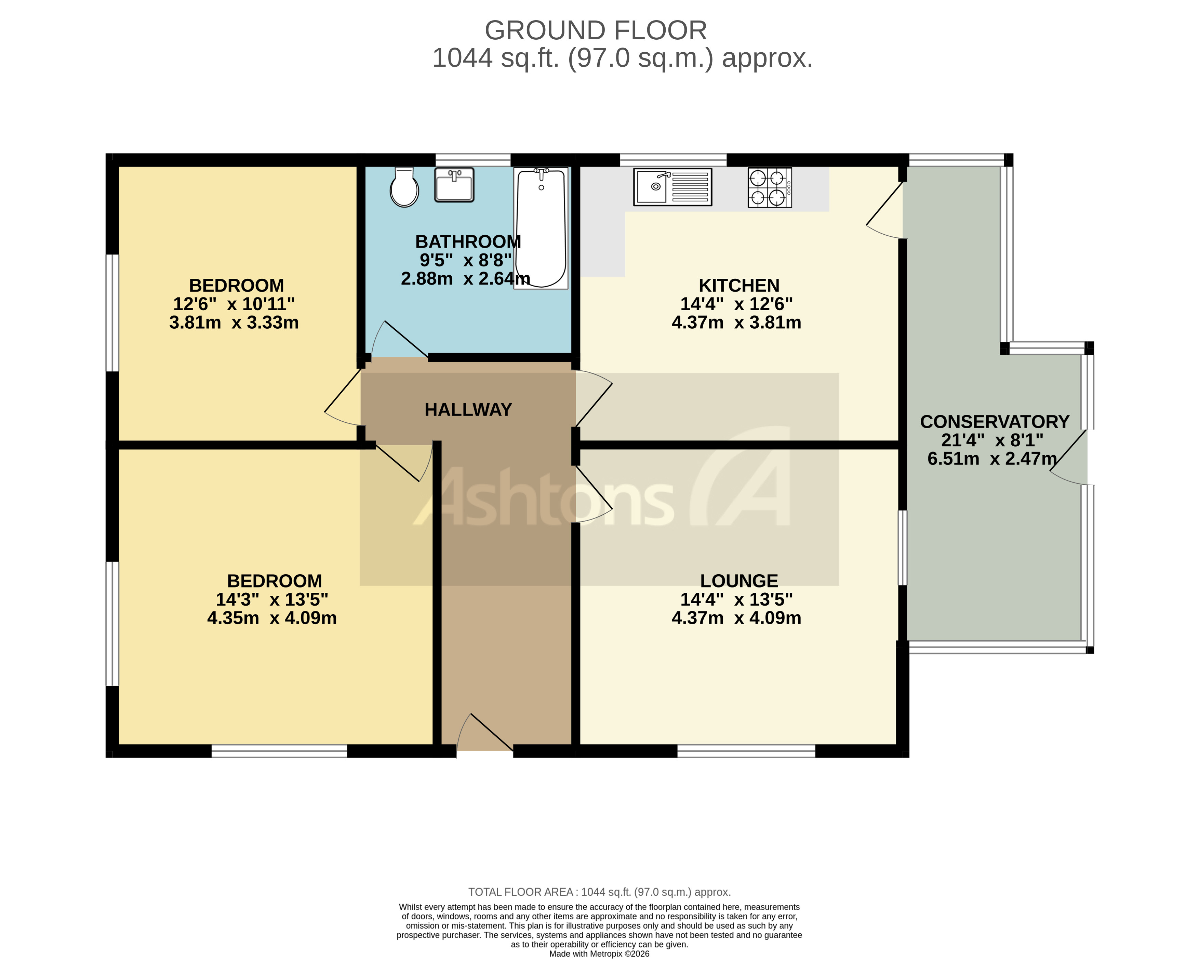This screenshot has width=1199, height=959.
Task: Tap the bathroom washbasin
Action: pos(454,185)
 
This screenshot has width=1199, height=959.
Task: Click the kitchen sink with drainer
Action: pos(672,187)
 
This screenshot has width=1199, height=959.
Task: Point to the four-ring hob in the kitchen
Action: pos(770,187)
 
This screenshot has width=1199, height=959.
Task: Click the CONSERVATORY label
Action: pos(994,422)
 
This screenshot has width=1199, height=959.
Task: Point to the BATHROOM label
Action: pos(468,242)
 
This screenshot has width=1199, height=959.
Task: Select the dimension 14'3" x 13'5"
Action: pos(272,600)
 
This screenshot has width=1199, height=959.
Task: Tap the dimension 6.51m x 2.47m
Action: pos(991,459)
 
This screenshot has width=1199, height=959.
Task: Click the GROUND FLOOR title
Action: pos(596,30)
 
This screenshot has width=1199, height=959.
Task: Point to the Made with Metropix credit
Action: pos(599,954)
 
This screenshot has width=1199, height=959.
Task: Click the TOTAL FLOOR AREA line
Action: pos(599,892)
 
